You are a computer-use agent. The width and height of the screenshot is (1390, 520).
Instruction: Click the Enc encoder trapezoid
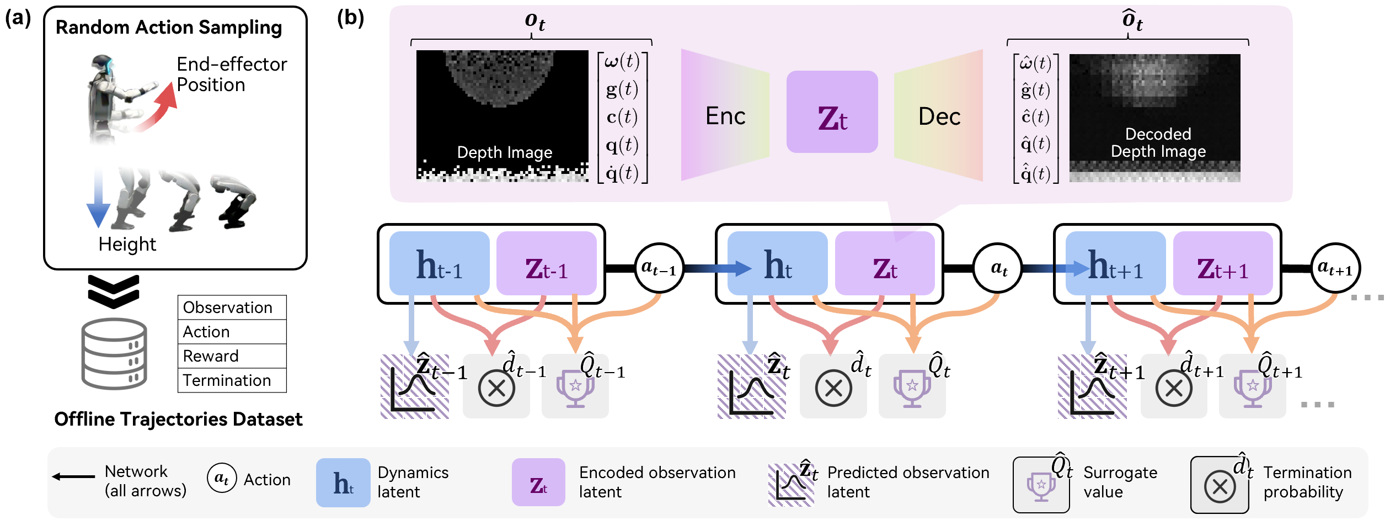[x=725, y=115]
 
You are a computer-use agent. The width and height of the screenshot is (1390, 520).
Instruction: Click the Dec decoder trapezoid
[x=939, y=116]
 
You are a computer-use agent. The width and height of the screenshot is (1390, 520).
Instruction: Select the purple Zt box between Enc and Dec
[x=832, y=112]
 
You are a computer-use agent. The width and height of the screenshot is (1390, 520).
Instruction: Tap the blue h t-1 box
[x=439, y=263]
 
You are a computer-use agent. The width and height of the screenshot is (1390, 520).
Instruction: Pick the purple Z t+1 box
[x=1222, y=263]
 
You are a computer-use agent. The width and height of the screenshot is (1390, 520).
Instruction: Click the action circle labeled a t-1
[x=659, y=268]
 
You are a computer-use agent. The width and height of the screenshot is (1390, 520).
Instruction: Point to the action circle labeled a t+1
[x=1335, y=269]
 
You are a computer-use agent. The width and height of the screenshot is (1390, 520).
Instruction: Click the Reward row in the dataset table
[x=232, y=356]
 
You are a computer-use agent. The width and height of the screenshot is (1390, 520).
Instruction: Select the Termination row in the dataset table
[x=232, y=380]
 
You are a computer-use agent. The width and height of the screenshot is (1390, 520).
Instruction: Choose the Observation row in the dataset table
[x=232, y=307]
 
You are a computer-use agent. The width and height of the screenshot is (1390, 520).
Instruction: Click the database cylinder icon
[x=114, y=354]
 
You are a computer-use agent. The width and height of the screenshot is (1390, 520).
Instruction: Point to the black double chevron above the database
[x=114, y=291]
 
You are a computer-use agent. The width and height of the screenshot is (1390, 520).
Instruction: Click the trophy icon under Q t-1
[x=575, y=388]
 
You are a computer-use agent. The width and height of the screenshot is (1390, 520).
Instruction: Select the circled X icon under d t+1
[x=1174, y=388]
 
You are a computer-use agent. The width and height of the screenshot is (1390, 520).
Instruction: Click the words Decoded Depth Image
[x=1158, y=142]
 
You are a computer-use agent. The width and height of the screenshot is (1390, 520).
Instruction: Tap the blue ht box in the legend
[x=343, y=482]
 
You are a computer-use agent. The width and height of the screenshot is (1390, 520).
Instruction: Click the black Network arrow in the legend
[x=74, y=476]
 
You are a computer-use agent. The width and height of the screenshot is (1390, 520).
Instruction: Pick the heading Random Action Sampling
[x=169, y=27]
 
